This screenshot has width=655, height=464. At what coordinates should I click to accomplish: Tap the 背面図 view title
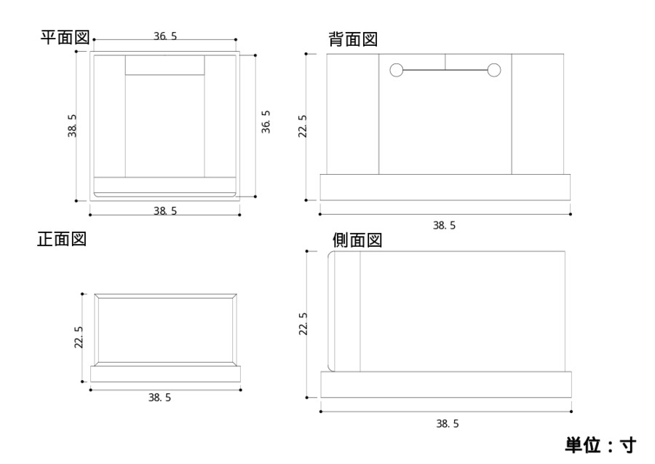click(x=353, y=39)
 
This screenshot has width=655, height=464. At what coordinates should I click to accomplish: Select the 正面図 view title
click(x=62, y=239)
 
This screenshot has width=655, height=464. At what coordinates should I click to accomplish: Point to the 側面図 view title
click(x=357, y=240)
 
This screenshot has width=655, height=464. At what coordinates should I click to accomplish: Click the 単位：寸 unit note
click(x=600, y=444)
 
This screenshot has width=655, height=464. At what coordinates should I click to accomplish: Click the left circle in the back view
click(x=397, y=70)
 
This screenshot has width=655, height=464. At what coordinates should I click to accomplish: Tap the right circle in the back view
click(x=494, y=70)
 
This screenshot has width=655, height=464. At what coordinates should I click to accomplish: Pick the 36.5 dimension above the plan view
click(x=165, y=36)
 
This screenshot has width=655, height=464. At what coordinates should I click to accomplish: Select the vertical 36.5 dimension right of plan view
click(x=266, y=122)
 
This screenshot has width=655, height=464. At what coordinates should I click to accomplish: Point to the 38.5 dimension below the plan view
click(x=165, y=211)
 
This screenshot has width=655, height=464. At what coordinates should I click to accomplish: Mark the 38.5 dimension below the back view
click(x=444, y=226)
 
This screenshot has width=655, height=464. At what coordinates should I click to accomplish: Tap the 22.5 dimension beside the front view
click(x=79, y=337)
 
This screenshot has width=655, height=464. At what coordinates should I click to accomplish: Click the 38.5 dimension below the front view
click(x=160, y=398)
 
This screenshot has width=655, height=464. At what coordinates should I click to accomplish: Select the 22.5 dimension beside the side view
click(x=303, y=324)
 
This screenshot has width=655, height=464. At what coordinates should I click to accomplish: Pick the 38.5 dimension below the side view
click(x=447, y=423)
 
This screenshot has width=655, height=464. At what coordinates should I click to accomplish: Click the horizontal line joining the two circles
click(x=445, y=70)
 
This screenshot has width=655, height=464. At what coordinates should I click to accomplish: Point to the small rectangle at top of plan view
click(x=164, y=64)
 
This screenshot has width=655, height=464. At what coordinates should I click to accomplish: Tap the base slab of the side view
click(x=445, y=385)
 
